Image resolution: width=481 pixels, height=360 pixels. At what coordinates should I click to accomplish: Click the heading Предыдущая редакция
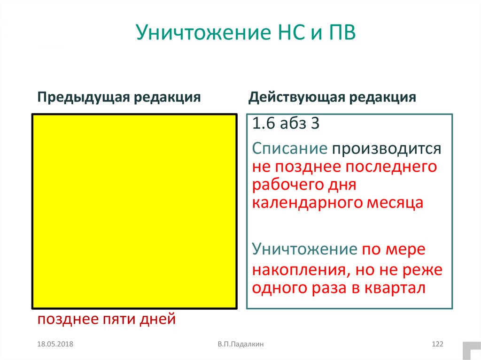[119, 97]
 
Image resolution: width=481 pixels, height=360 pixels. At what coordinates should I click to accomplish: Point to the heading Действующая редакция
[333, 97]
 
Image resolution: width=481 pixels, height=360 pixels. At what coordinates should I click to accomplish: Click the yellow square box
[134, 211]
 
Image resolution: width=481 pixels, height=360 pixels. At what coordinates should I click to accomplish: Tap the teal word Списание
[289, 149]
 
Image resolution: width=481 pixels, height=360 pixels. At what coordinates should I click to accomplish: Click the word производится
[386, 149]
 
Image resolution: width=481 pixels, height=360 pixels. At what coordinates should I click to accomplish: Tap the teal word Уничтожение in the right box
[304, 249]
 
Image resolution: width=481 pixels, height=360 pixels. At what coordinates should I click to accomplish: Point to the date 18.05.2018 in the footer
[56, 345]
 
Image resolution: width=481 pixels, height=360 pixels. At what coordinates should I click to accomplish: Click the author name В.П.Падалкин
[240, 345]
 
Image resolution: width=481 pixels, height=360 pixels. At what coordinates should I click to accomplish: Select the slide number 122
[437, 345]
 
